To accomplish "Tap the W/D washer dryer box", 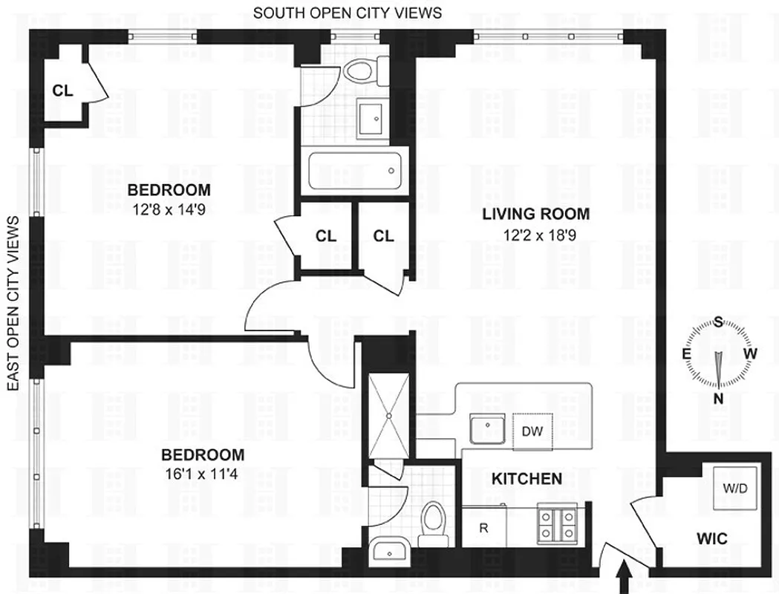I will pos(735,488).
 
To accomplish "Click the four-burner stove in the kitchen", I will pos(558,525).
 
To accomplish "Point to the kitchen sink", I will pos(487,430).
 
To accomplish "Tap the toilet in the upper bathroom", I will pos(365,71).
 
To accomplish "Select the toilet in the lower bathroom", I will pos(431,524).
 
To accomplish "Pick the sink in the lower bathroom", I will pos(389,551).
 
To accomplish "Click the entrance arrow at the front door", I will pos(625,577).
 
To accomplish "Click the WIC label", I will pos(711,538).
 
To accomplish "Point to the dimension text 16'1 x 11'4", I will pos(203,477).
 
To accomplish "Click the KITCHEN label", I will pos(527,479).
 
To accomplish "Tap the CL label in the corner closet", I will pos(62,91).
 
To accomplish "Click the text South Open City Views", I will pos(347,13).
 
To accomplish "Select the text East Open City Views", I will pos(13,304).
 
